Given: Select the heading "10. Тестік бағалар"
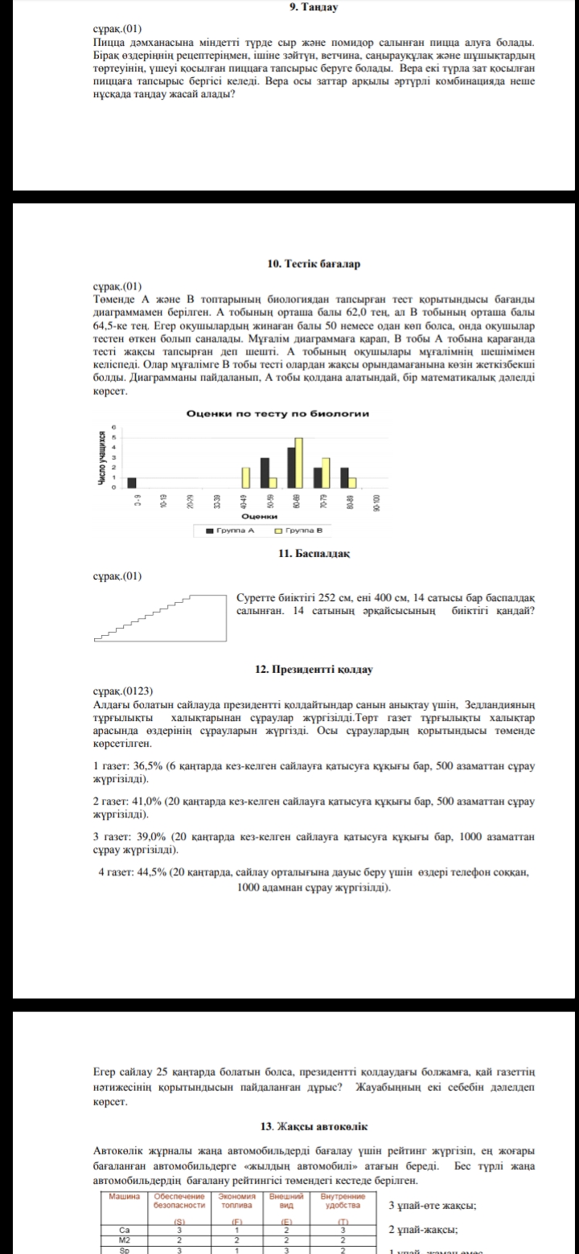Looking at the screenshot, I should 314,264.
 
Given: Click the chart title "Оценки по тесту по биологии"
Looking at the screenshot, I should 277,413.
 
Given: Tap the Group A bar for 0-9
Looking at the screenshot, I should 132,482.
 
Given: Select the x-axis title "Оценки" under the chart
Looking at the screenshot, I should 255,516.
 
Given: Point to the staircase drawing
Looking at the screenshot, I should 159,617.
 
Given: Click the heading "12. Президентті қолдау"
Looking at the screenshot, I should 314,669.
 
